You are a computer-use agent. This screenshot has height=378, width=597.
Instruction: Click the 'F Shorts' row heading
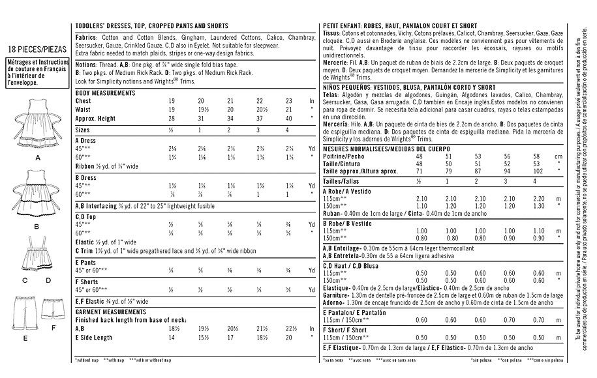[x=89, y=281]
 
